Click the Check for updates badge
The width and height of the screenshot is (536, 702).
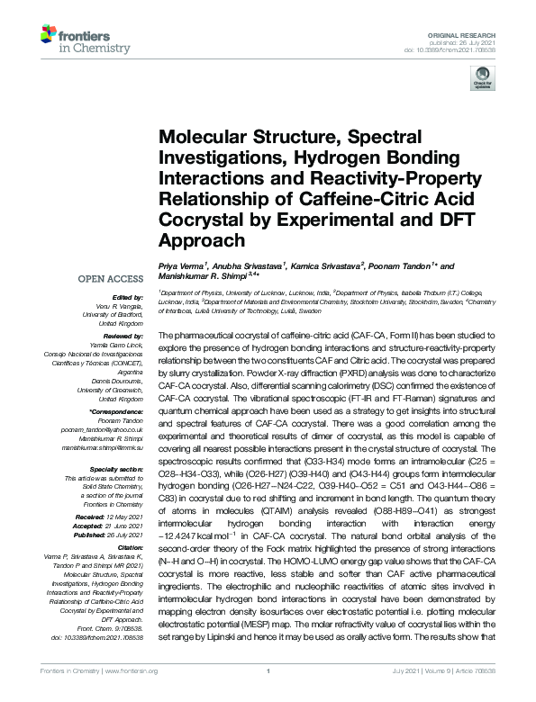pyautogui.click(x=479, y=78)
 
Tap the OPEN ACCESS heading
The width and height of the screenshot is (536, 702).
pyautogui.click(x=114, y=279)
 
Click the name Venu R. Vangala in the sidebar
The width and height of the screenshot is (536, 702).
pyautogui.click(x=121, y=306)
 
